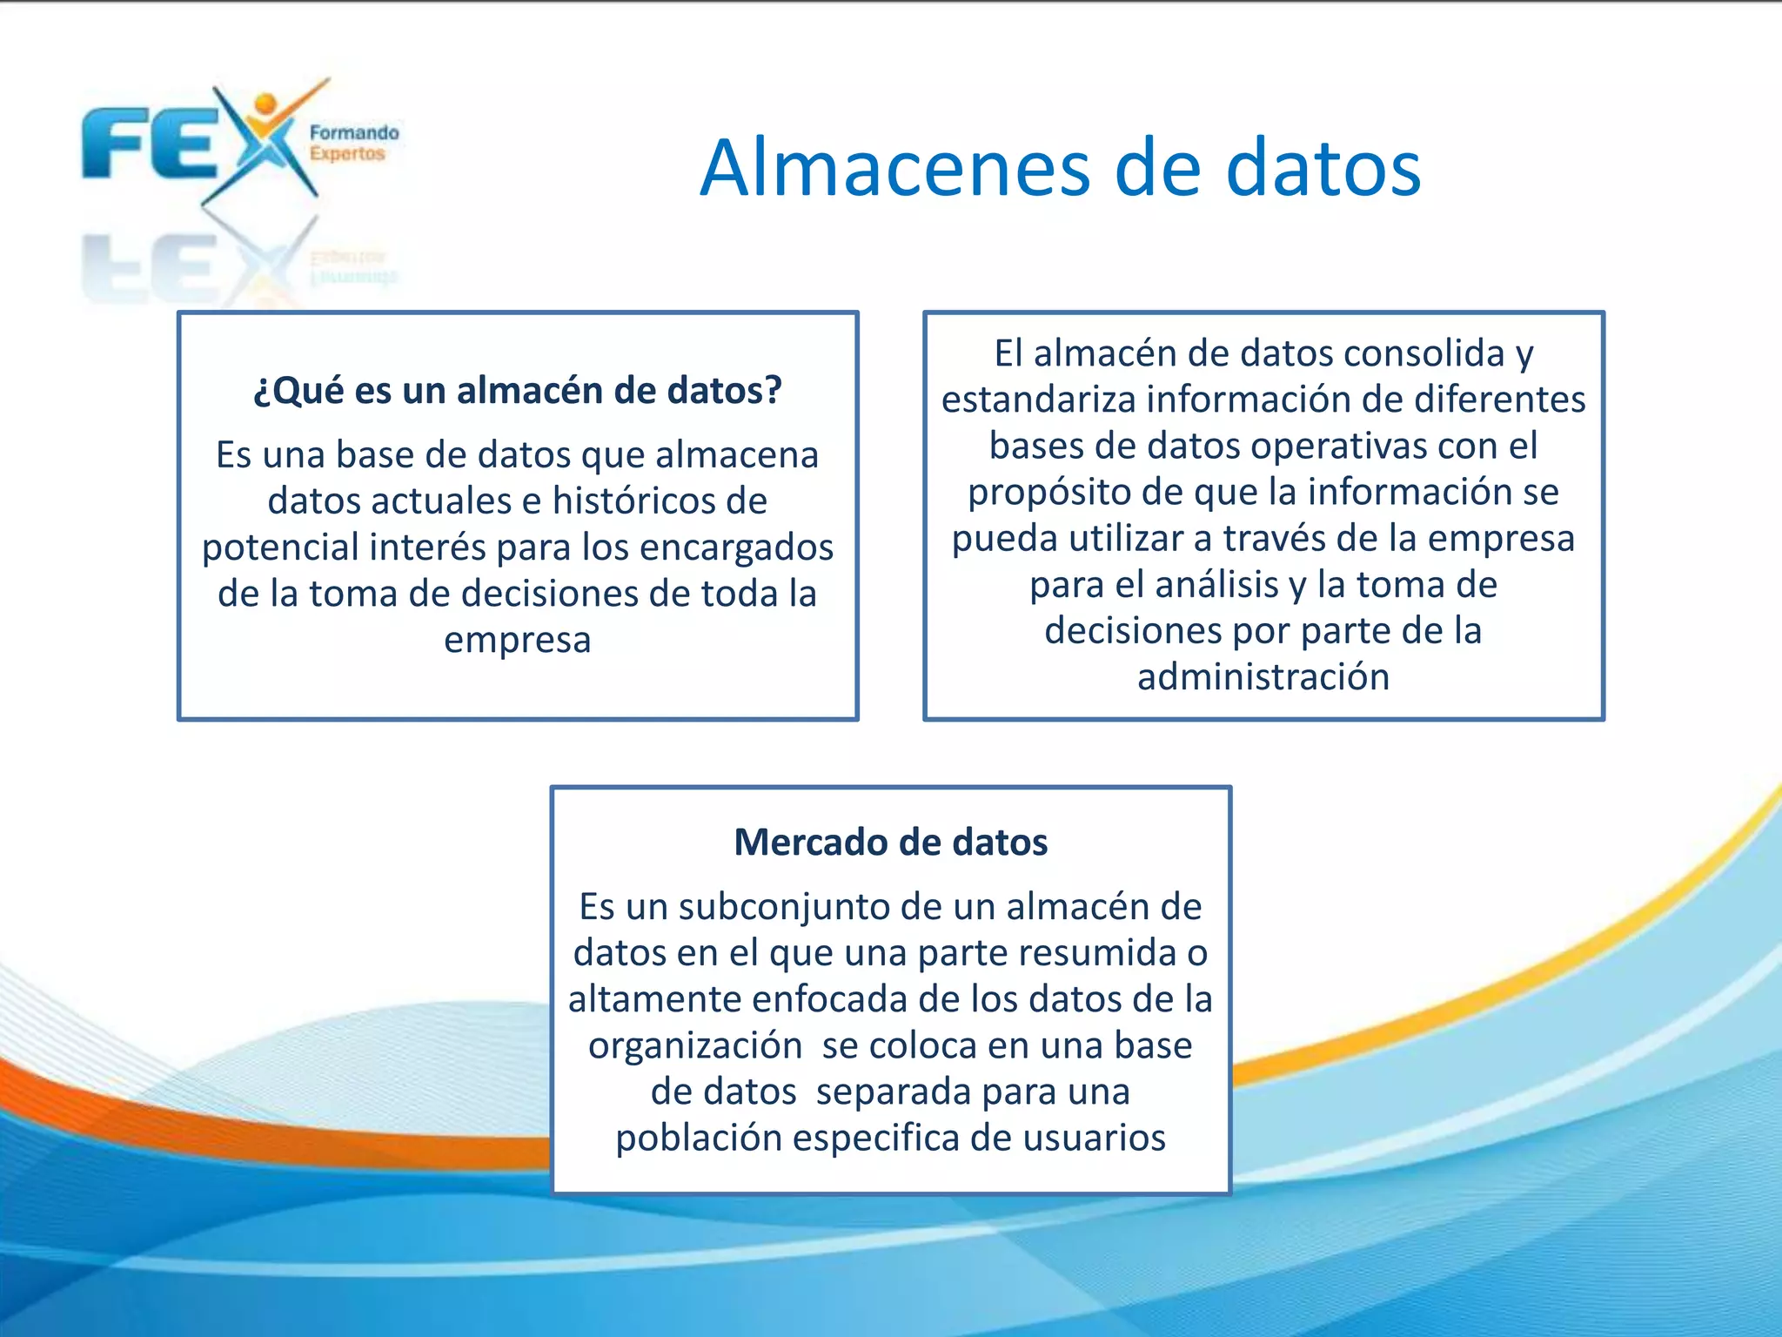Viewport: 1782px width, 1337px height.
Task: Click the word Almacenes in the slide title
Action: pos(895,168)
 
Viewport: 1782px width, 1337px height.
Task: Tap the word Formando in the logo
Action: pos(354,133)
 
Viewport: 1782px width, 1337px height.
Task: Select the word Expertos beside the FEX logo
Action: pos(347,154)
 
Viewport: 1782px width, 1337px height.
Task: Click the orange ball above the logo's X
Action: pos(265,104)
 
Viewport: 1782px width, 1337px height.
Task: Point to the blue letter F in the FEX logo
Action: pos(114,144)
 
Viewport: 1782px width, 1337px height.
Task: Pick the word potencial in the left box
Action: pos(280,547)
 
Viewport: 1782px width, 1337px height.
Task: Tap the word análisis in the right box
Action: pos(1218,584)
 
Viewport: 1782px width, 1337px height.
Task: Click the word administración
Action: pos(1263,676)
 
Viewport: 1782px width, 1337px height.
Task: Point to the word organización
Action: pos(695,1045)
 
